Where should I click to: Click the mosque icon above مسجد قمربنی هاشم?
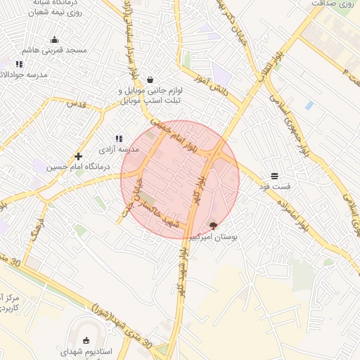55,39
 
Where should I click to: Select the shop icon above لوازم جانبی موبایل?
150,79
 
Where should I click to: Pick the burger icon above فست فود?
274,175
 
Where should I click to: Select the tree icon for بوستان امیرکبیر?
213,226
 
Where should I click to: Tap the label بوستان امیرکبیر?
214,238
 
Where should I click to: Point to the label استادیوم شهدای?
84,351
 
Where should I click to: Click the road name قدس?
75,103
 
